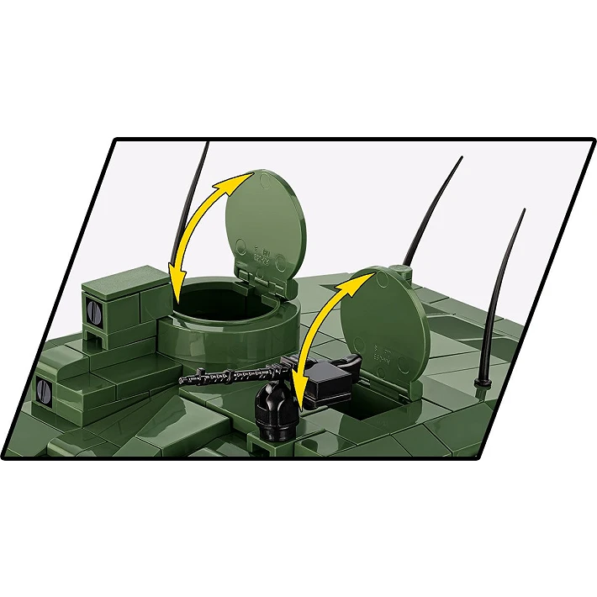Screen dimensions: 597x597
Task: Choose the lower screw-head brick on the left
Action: click(x=42, y=389)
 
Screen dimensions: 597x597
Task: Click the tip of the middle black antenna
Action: click(x=462, y=158)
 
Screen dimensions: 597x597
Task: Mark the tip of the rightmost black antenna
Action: click(x=524, y=210)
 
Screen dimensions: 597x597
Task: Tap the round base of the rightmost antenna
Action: click(x=482, y=383)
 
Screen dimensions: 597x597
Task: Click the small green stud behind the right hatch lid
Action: click(x=403, y=270)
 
